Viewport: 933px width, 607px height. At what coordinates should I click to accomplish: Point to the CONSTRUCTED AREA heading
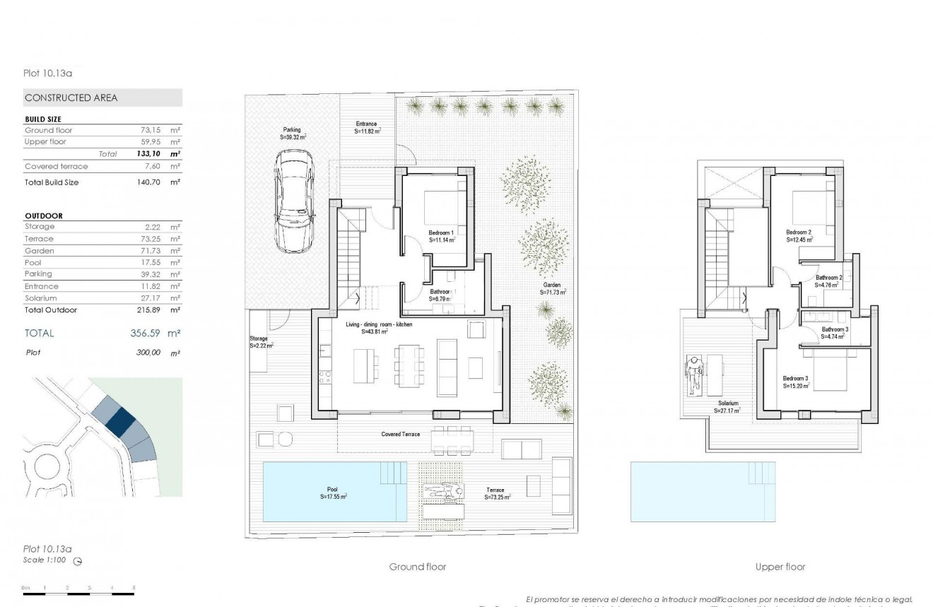point(71,98)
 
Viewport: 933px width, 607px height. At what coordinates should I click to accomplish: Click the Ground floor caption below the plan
point(417,567)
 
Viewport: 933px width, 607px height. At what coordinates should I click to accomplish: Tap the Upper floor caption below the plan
point(780,567)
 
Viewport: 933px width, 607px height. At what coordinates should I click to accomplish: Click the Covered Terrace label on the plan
point(401,434)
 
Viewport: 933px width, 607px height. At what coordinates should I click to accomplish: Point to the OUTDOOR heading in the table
point(44,216)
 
